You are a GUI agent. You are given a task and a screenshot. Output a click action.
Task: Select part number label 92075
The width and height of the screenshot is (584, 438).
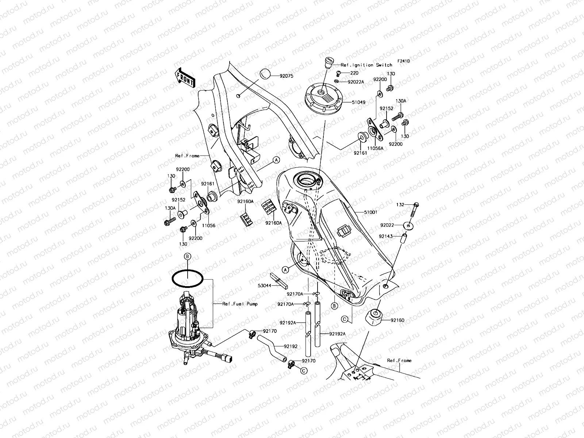pos(287,76)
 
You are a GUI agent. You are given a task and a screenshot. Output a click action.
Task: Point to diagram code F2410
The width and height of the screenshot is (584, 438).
pos(404,61)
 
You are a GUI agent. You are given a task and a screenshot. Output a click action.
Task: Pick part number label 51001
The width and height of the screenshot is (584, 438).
pos(370,212)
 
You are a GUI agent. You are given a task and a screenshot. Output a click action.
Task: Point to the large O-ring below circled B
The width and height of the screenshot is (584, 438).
pos(188,279)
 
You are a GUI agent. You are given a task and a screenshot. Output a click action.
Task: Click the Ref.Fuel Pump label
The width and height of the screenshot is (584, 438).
pos(240,304)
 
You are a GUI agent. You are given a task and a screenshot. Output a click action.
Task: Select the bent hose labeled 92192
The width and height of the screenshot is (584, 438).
pos(270,349)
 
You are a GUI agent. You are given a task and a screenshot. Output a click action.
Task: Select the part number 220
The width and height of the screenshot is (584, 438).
pos(354,73)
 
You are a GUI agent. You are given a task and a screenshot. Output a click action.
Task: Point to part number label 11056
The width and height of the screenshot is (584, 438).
pos(209,226)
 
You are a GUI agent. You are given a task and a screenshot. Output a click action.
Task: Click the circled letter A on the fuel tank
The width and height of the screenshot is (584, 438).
pos(285,269)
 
